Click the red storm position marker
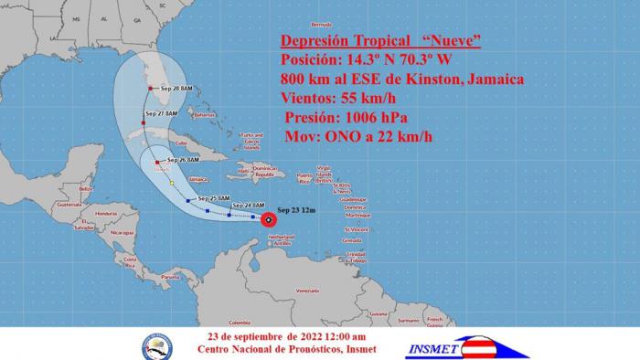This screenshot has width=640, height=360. pos(268,219)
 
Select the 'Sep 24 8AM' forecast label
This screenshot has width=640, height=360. pos(248,205)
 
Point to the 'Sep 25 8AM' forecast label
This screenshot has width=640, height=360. pos(213,197)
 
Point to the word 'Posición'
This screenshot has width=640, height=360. pos(313,60)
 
